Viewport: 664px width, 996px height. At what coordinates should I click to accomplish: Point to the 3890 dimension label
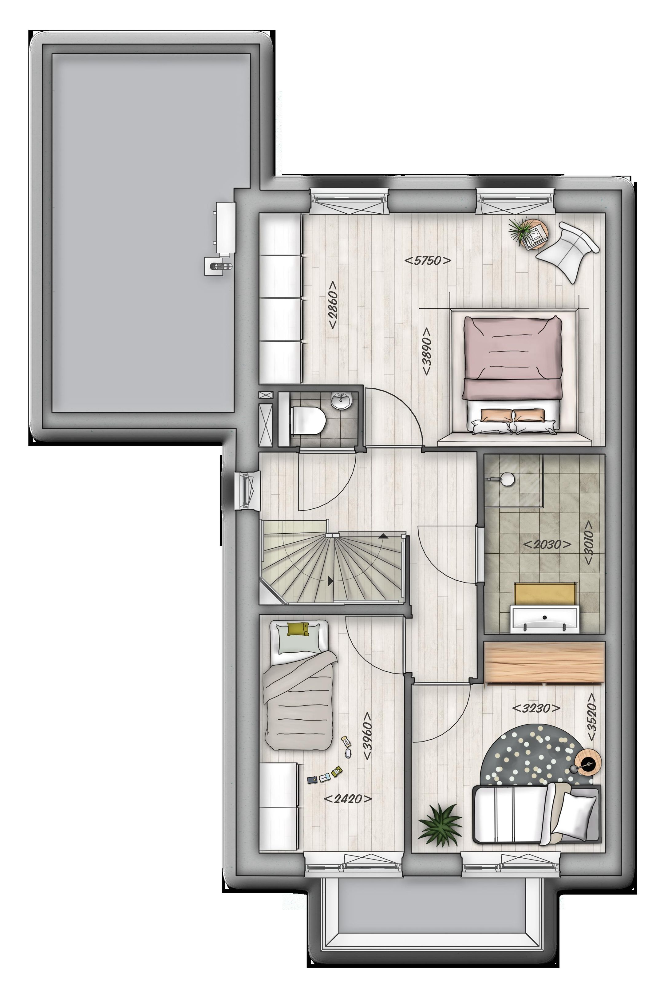click(x=427, y=351)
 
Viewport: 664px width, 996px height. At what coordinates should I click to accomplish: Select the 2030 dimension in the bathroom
click(x=547, y=544)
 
